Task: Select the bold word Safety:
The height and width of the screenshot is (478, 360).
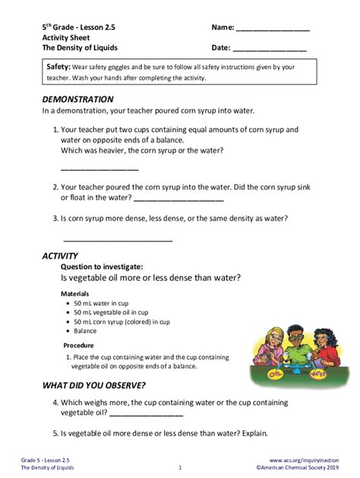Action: point(58,68)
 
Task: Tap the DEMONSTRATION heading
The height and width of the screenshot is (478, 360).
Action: point(77,99)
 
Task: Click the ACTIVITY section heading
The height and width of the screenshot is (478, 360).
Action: point(60,256)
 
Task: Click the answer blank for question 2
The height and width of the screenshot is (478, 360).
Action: point(178,200)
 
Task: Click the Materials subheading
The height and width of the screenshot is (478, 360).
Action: point(74,294)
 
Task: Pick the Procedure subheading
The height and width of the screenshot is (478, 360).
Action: point(78,345)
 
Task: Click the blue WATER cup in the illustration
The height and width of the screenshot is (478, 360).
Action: point(318,372)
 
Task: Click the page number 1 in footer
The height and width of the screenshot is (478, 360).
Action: point(179,468)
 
